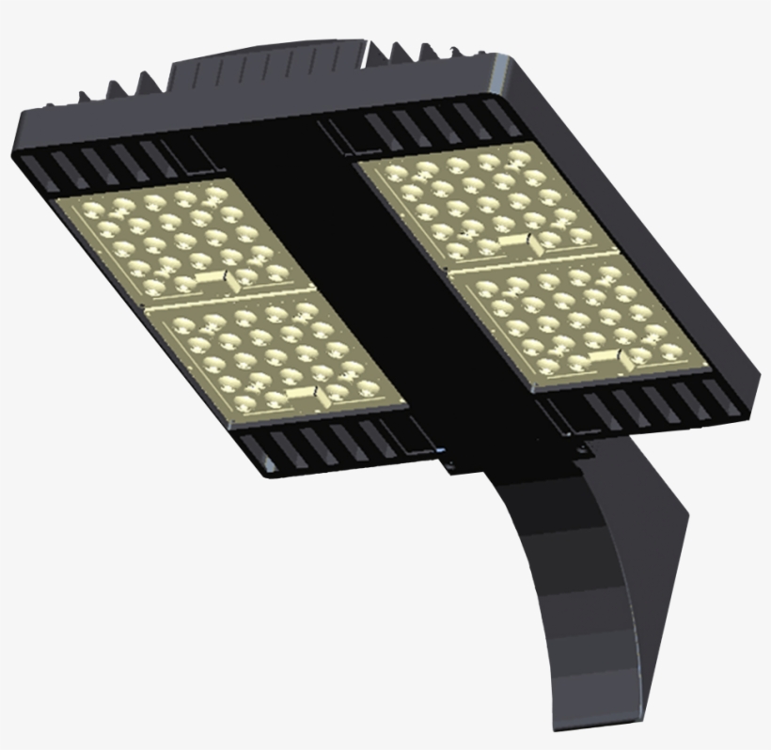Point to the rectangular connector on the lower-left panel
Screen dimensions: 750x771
coord(303,392)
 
